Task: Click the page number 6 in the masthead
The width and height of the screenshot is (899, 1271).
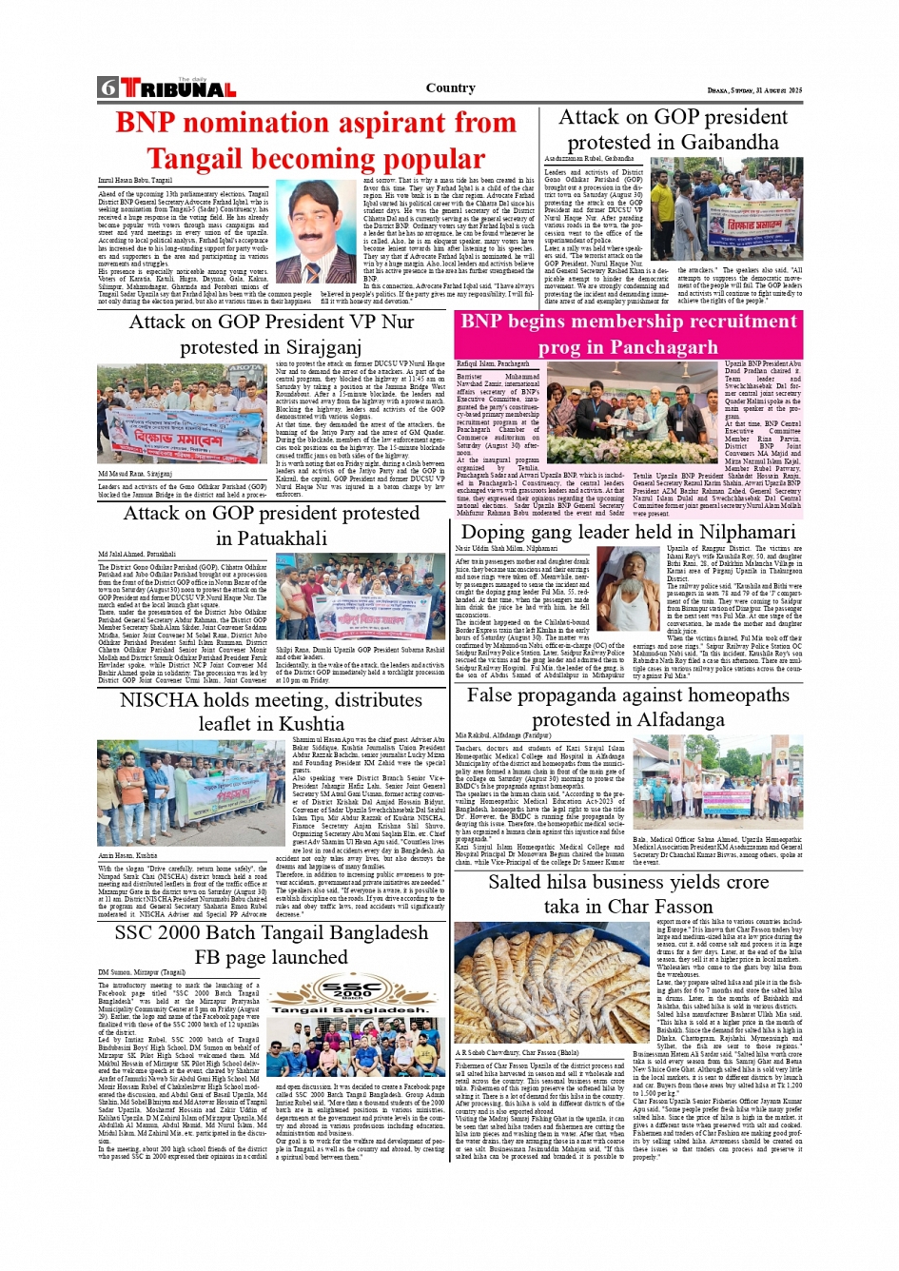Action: click(x=107, y=88)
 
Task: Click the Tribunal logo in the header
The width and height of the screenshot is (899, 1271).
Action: click(x=177, y=88)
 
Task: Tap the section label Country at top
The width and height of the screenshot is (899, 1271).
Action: click(x=450, y=88)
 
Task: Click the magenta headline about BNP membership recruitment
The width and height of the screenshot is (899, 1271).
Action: click(x=630, y=334)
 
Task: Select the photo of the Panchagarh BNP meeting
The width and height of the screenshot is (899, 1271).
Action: click(x=635, y=417)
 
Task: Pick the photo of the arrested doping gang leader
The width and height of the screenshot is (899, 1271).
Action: click(x=629, y=590)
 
